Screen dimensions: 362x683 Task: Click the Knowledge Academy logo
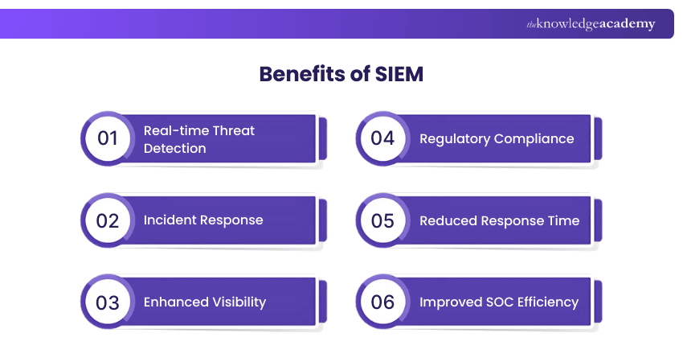coord(591,24)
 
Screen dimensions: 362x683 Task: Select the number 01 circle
coord(108,138)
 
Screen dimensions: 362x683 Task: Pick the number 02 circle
coord(108,220)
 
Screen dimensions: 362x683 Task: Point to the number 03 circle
coord(108,302)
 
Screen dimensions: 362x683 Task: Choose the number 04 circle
coord(382,138)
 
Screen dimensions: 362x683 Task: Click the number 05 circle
coord(382,220)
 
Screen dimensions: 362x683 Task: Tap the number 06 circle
coord(382,302)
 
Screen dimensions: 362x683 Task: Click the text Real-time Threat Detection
coord(198,139)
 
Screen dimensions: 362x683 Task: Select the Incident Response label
coord(202,220)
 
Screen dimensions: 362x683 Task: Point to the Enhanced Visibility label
coord(204,302)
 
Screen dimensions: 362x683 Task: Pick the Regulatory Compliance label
coord(497,138)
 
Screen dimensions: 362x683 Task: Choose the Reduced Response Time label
coord(499,220)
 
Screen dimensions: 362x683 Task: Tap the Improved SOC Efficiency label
coord(499,302)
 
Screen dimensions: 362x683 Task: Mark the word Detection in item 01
coord(174,148)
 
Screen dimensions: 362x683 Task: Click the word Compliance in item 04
coord(534,138)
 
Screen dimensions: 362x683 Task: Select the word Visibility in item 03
coord(237,302)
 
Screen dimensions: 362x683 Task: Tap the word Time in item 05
coord(563,220)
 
